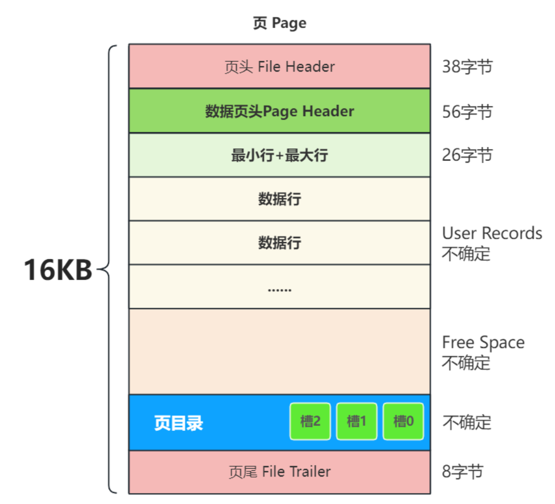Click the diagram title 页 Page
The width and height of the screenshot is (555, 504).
pos(279,23)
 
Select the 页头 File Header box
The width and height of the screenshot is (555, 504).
pos(279,66)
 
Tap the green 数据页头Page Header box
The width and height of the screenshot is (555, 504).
pos(279,111)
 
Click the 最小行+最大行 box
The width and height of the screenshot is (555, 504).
pos(279,155)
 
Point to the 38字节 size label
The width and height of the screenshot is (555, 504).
pos(467,67)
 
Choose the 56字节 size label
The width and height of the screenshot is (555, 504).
pos(467,111)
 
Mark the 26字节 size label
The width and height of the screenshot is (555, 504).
pos(467,155)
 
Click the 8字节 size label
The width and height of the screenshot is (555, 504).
pos(462,471)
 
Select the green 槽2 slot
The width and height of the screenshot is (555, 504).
pos(310,422)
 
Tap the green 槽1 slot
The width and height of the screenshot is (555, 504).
pos(357,422)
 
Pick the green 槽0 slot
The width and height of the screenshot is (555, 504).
pos(403,422)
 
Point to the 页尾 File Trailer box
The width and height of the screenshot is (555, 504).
pos(279,472)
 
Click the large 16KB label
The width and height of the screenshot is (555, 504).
pos(58,270)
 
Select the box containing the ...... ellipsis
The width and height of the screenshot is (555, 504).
pos(279,287)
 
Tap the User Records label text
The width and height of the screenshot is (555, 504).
pos(492,233)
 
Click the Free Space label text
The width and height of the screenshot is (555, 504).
pos(483,343)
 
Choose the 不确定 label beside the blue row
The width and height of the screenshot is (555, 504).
pos(466,423)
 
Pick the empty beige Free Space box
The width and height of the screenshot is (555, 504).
pos(279,352)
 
